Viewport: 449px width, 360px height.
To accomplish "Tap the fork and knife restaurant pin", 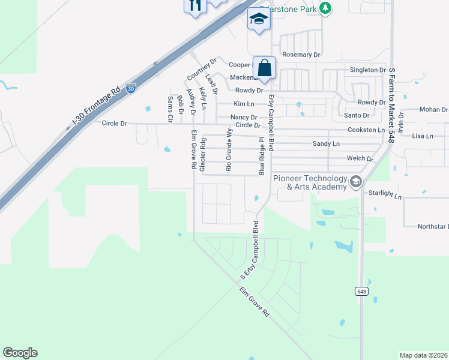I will pos(194,5).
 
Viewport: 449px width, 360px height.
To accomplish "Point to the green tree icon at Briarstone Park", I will pos(325,8).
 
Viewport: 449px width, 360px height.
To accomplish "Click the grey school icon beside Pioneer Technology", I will pos(356,181).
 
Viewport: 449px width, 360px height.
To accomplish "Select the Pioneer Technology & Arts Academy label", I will pos(310,183).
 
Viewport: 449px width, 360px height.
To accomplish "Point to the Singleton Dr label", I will pos(367,70).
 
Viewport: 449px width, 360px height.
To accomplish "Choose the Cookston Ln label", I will pos(366,130).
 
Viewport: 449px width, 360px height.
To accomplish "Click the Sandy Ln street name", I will pos(326,144).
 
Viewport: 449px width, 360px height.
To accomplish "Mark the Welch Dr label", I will pos(360,159).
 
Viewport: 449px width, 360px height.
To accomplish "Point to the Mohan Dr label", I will pos(433,110).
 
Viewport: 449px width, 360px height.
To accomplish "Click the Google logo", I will pos(20,353).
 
